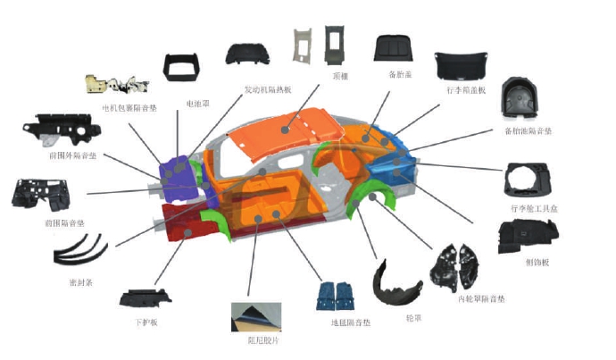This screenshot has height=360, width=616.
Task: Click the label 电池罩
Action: pyautogui.click(x=197, y=105)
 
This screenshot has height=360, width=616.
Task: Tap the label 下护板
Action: pyautogui.click(x=145, y=321)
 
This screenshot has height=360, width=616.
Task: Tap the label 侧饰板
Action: pyautogui.click(x=537, y=262)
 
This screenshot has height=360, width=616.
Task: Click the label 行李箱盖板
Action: pyautogui.click(x=466, y=90)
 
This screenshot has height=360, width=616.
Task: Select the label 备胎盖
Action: pyautogui.click(x=399, y=73)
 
